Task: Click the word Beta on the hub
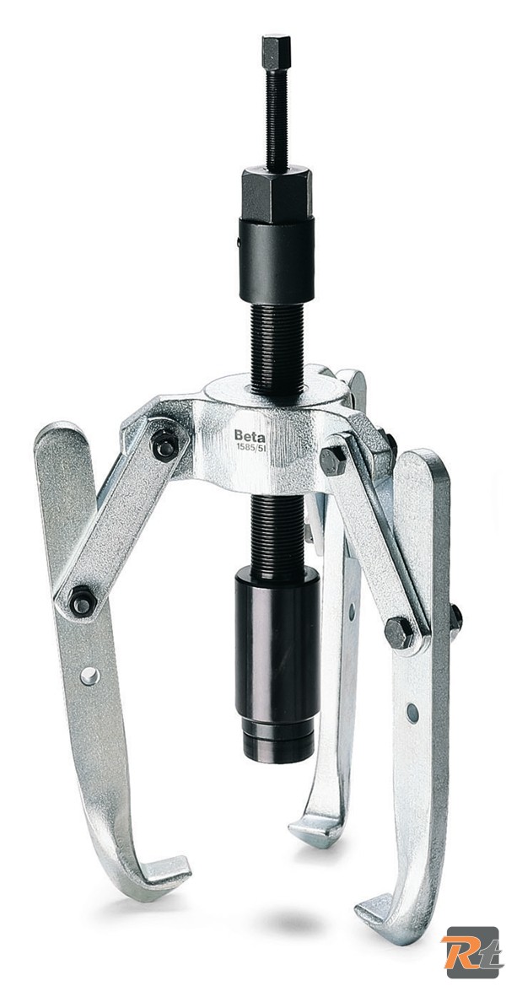pyautogui.click(x=250, y=436)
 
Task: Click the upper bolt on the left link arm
pyautogui.click(x=164, y=445)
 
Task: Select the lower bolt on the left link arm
pyautogui.click(x=83, y=601)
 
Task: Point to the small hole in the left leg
pyautogui.click(x=89, y=675)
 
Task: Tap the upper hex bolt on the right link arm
pyautogui.click(x=332, y=460)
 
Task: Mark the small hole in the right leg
pyautogui.click(x=412, y=712)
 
